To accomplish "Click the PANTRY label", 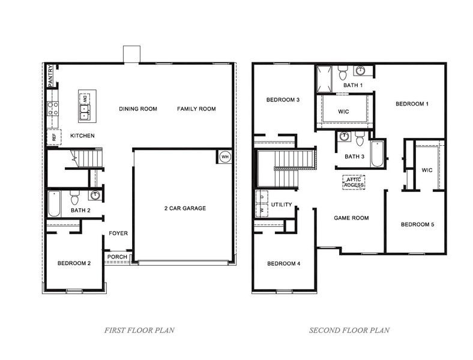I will (x=51, y=76).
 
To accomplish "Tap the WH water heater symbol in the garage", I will (x=224, y=157).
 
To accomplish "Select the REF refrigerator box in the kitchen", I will (x=54, y=137).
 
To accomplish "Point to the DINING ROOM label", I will (x=138, y=109).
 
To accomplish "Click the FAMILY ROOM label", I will (x=196, y=109).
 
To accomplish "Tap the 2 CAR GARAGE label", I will (x=185, y=209).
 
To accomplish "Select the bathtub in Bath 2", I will (x=54, y=205).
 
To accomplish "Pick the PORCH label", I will (x=117, y=257).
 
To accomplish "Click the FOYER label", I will (x=118, y=233).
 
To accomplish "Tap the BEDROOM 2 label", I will (x=74, y=263).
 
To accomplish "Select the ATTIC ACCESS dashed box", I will (x=354, y=182).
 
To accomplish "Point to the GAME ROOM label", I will (x=351, y=218).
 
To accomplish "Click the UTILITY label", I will (x=282, y=205).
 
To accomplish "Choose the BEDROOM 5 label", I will (x=417, y=224).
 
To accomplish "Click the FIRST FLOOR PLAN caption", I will (x=140, y=330).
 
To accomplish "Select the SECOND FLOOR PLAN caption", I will (x=349, y=330).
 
